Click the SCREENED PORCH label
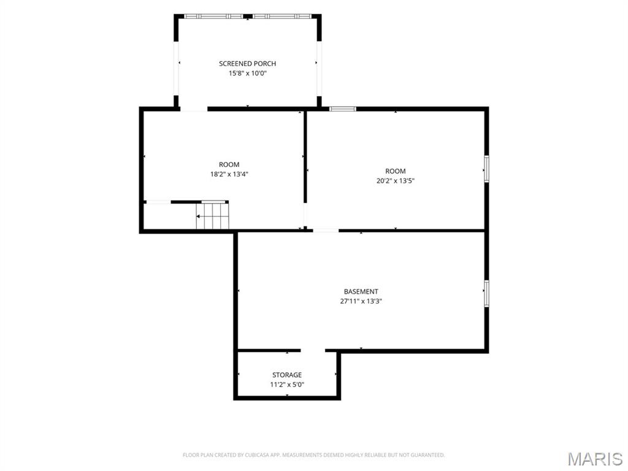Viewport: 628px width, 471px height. click(247, 63)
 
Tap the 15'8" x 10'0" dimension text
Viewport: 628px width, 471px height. click(247, 74)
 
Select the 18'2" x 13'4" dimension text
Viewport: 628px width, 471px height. click(229, 174)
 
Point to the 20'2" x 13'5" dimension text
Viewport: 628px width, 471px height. click(396, 181)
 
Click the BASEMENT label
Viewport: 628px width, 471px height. click(361, 291)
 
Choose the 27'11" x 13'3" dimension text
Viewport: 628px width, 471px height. click(361, 301)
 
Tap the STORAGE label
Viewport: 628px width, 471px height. click(287, 375)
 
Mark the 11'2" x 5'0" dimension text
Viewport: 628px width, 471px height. click(287, 385)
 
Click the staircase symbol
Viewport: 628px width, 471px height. click(212, 215)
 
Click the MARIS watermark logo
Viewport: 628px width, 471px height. click(595, 459)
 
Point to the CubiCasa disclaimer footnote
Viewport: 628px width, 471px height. click(313, 455)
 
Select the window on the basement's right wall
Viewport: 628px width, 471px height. click(486, 294)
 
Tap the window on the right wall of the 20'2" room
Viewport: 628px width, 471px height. click(486, 169)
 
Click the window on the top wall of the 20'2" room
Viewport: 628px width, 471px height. click(342, 109)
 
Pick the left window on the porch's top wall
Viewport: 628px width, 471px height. click(213, 17)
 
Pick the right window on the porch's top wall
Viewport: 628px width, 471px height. click(282, 17)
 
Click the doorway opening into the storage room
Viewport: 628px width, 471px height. click(313, 350)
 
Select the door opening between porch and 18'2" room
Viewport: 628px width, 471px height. click(193, 109)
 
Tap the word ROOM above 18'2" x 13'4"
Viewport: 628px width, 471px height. click(229, 164)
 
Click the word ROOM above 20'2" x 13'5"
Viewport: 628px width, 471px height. click(396, 171)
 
